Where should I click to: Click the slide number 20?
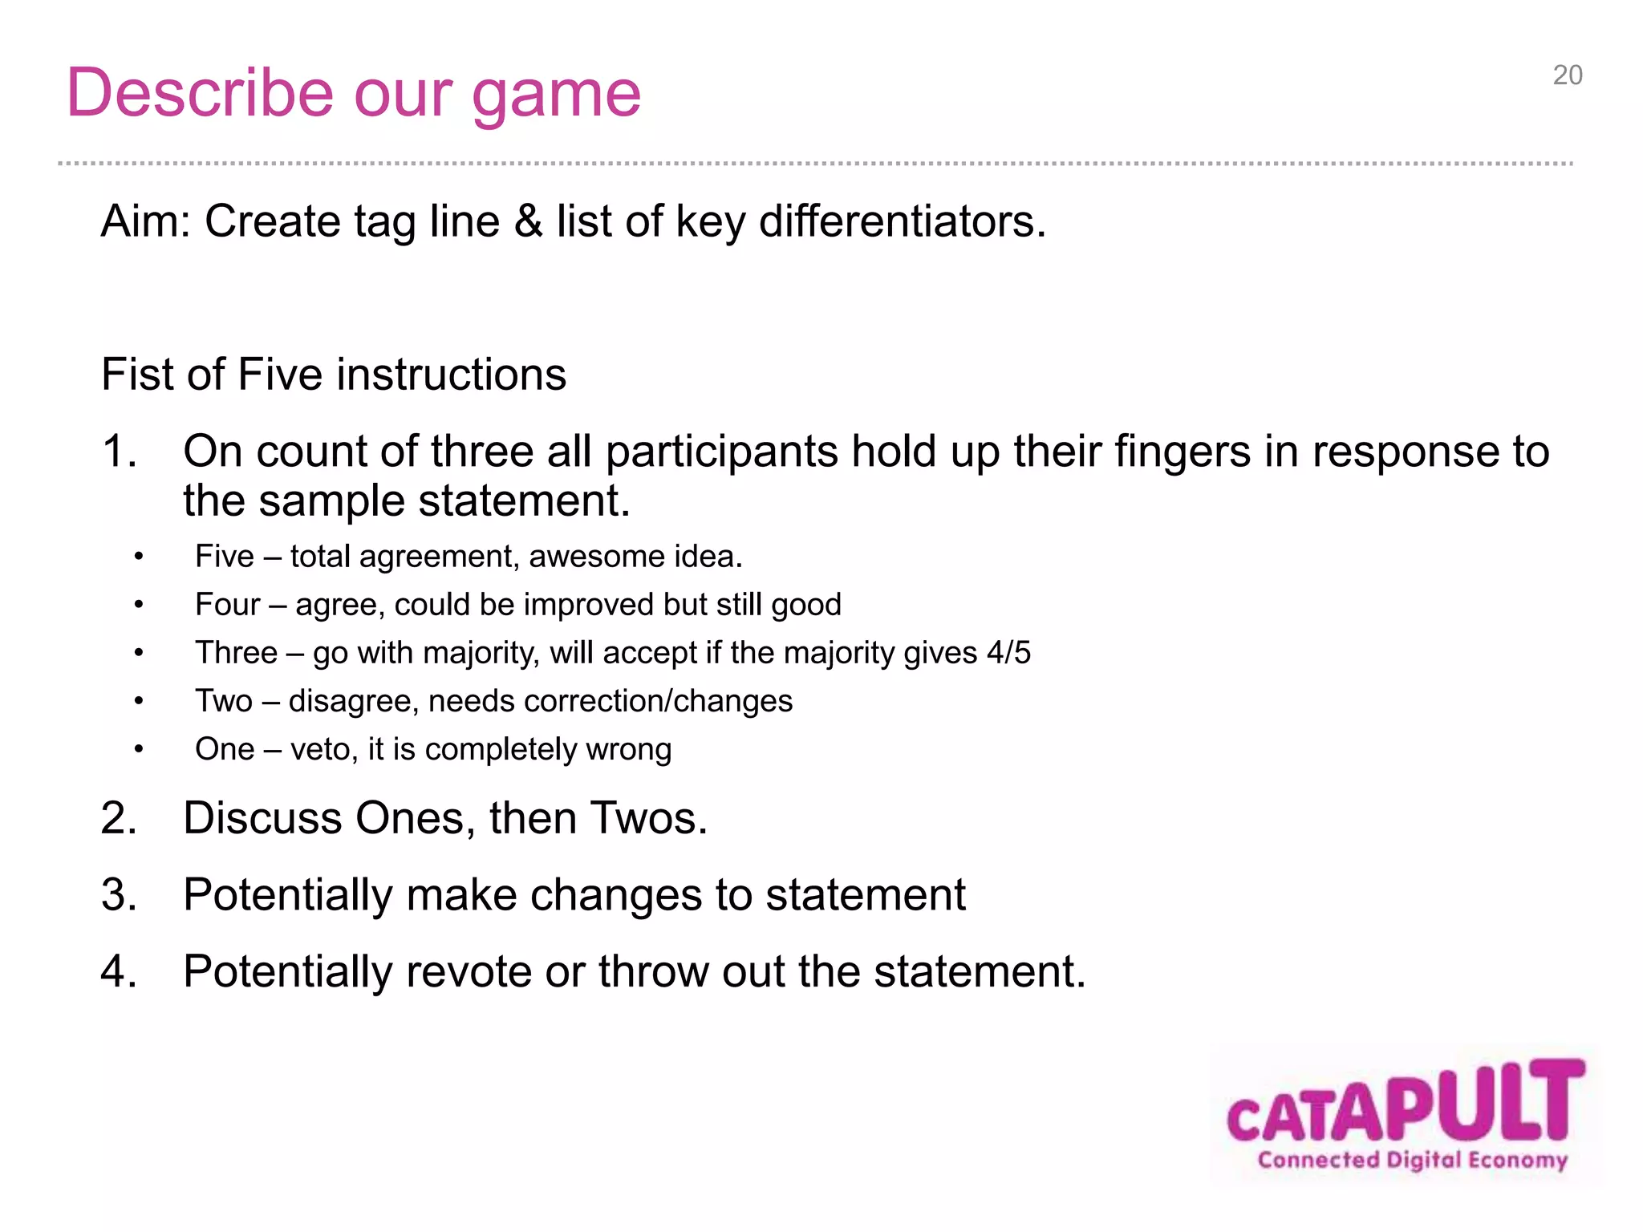pyautogui.click(x=1567, y=75)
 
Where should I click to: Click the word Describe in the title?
pyautogui.click(x=200, y=93)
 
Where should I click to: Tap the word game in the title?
pyautogui.click(x=556, y=95)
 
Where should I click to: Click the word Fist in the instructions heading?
pyautogui.click(x=136, y=375)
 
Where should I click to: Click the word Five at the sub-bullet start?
pyautogui.click(x=224, y=557)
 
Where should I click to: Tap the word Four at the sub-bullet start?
pyautogui.click(x=228, y=605)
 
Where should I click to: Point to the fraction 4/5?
pyautogui.click(x=1008, y=653)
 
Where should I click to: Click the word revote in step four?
pyautogui.click(x=468, y=971)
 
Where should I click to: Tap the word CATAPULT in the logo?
pyautogui.click(x=1405, y=1104)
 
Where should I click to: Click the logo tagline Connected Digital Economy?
pyautogui.click(x=1412, y=1160)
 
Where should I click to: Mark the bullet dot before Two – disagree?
pyautogui.click(x=139, y=701)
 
